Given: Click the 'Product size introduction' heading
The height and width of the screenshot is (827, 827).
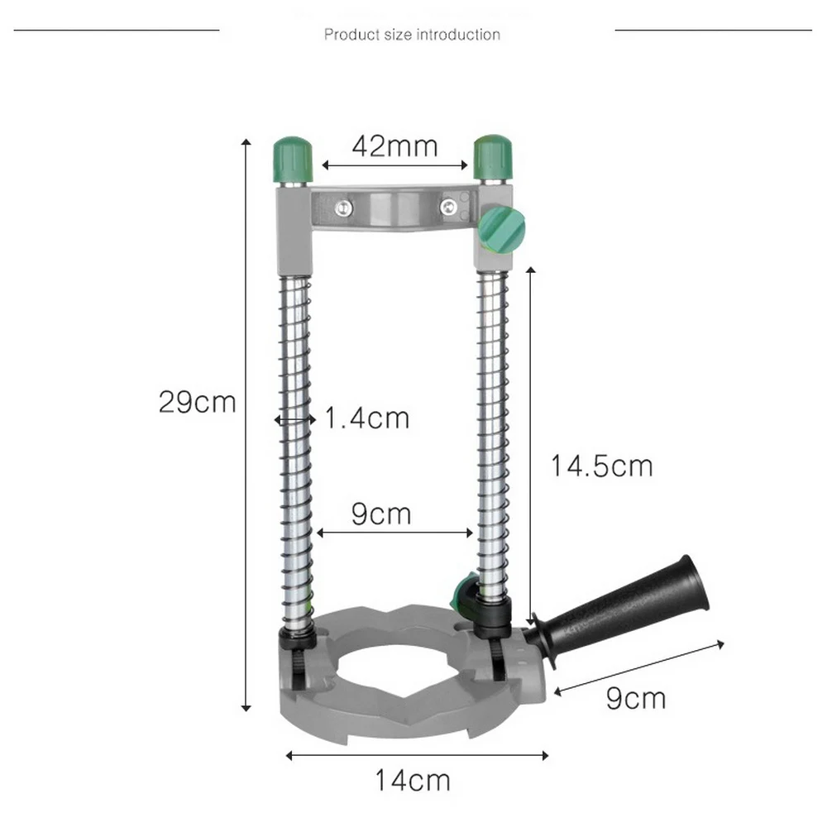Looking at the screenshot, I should [412, 35].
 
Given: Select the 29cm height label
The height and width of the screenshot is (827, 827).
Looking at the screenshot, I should [198, 403].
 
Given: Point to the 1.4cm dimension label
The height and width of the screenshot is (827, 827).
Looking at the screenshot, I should [366, 418].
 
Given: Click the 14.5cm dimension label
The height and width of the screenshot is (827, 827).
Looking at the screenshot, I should [602, 466].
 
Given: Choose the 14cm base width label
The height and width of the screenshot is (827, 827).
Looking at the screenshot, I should [413, 780].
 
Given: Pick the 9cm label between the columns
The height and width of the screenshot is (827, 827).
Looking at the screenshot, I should [381, 514].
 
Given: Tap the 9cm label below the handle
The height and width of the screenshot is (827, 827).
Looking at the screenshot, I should [635, 699].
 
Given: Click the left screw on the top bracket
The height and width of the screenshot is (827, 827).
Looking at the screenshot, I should [342, 208].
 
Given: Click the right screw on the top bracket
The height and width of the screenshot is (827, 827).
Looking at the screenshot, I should [449, 208].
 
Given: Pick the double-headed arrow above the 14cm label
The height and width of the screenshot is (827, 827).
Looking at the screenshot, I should [417, 754].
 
